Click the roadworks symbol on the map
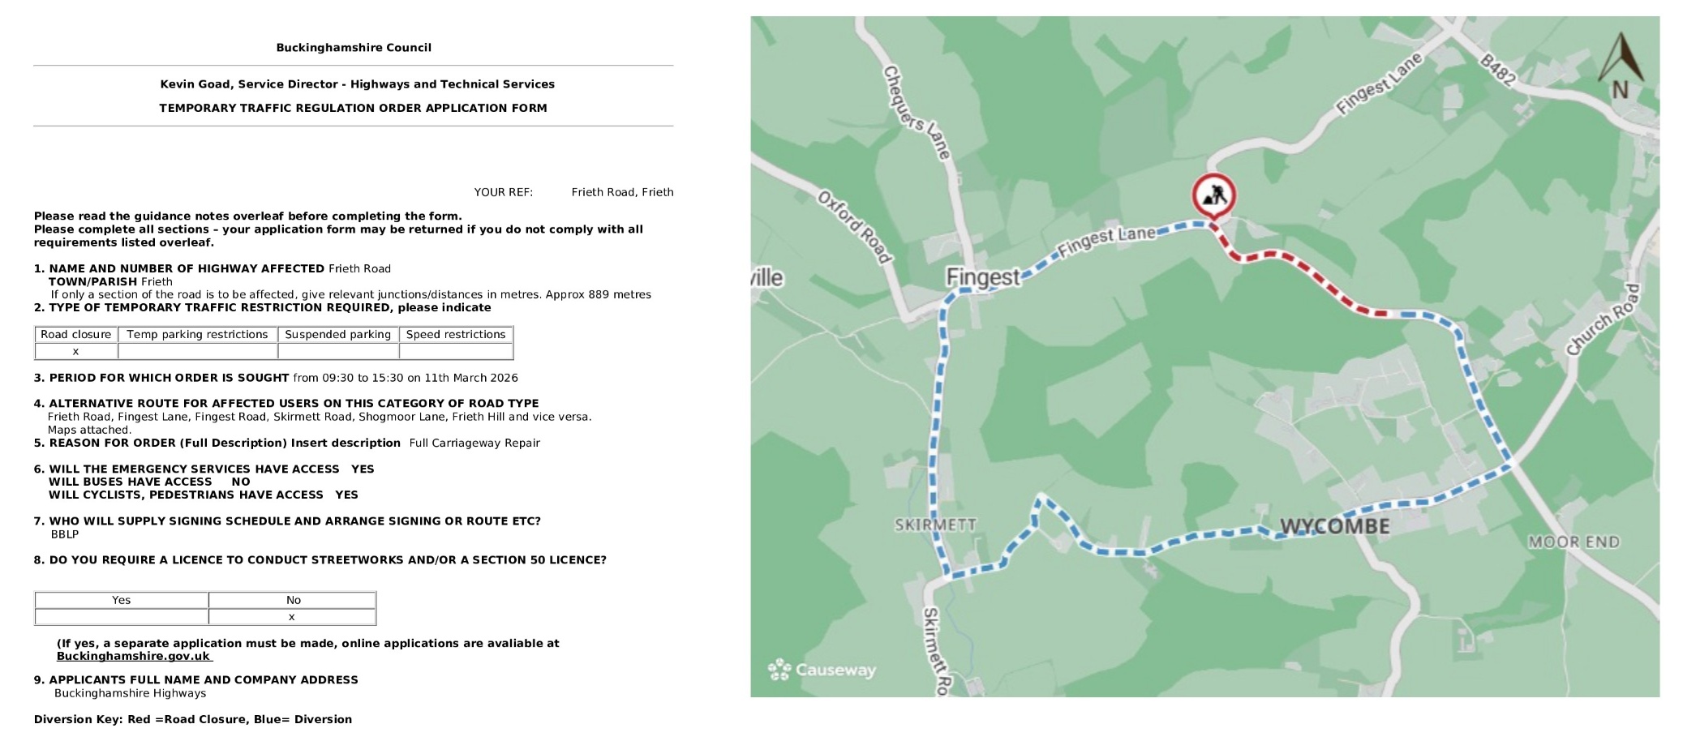pyautogui.click(x=1213, y=196)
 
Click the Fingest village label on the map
pyautogui.click(x=982, y=277)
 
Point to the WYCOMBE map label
pyautogui.click(x=1334, y=527)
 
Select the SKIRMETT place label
pyautogui.click(x=935, y=525)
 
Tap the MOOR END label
pyautogui.click(x=1574, y=542)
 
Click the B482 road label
pyautogui.click(x=1497, y=70)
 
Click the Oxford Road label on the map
pyautogui.click(x=854, y=226)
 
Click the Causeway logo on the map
pyautogui.click(x=822, y=670)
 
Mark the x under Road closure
pyautogui.click(x=75, y=351)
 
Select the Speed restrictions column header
pyautogui.click(x=456, y=334)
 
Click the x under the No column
pyautogui.click(x=292, y=617)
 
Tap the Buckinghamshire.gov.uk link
pyautogui.click(x=133, y=656)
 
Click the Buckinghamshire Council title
pyautogui.click(x=354, y=48)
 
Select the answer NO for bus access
pyautogui.click(x=241, y=482)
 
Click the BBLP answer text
pyautogui.click(x=65, y=534)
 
